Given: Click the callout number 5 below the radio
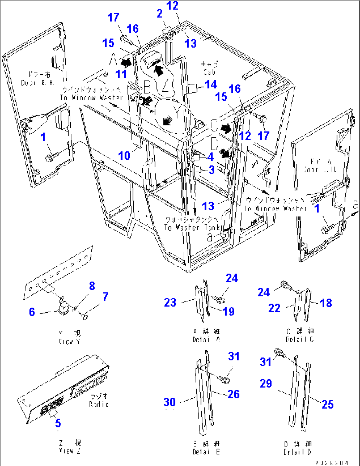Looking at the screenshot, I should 58,423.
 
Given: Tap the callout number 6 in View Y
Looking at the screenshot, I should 32,312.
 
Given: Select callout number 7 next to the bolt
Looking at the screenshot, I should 105,296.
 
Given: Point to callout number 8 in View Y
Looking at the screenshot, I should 92,286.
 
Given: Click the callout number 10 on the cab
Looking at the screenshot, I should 124,155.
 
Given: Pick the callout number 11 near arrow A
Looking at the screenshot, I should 121,74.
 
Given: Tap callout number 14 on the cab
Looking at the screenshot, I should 211,84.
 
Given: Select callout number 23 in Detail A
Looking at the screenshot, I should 170,302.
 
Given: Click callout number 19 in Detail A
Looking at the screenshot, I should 228,311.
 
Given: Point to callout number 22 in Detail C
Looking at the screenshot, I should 274,308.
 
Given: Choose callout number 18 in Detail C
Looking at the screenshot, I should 326,303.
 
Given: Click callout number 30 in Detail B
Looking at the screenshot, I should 169,402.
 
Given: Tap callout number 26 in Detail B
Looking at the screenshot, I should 233,394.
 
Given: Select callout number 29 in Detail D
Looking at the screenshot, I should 266,383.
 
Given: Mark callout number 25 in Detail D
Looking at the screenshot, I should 327,404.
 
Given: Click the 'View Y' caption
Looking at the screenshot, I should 69,341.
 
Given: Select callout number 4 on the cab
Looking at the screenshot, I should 210,157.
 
